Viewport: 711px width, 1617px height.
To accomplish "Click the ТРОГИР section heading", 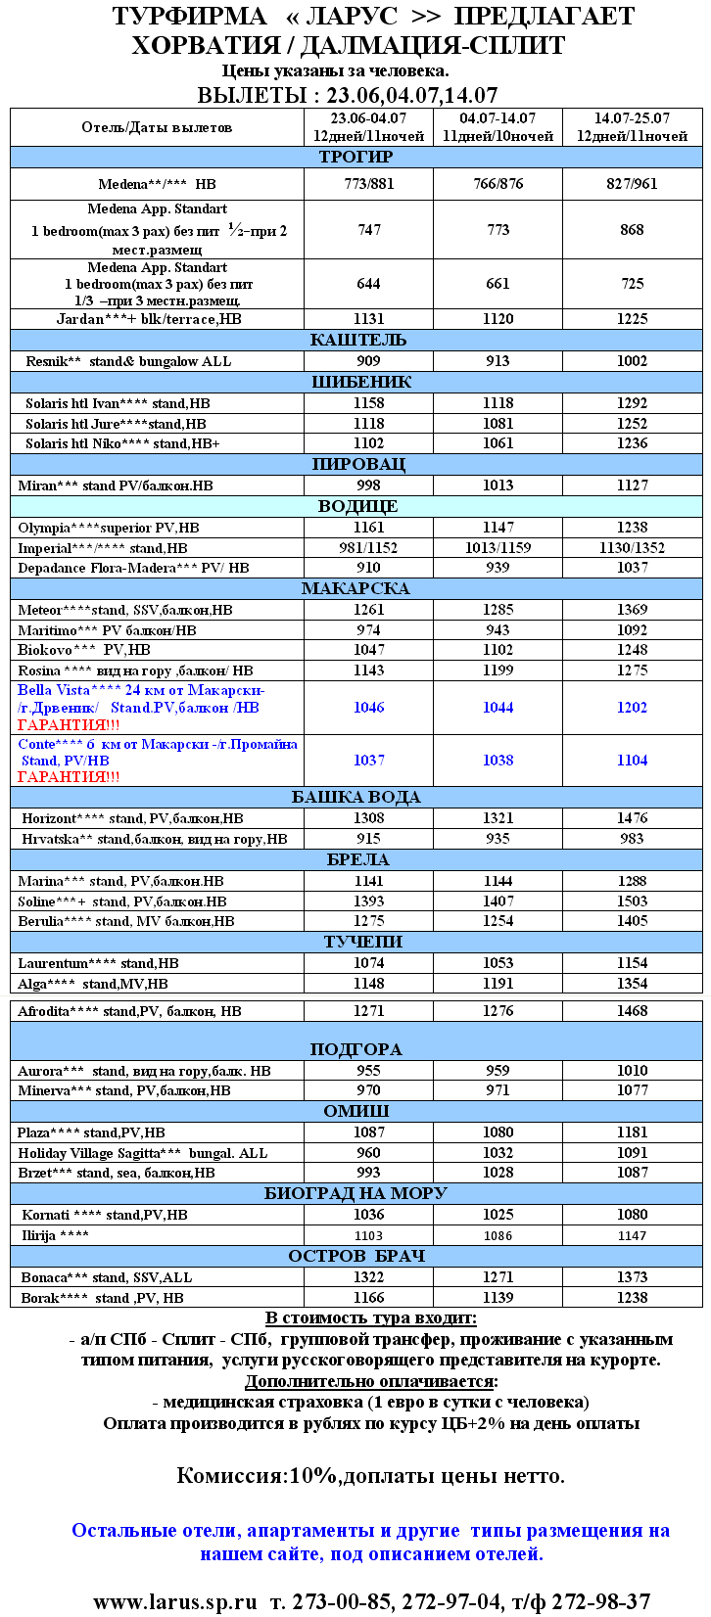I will click(355, 157).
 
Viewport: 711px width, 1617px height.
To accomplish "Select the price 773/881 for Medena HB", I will click(368, 184).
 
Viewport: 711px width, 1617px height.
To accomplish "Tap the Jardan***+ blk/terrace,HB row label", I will click(149, 319).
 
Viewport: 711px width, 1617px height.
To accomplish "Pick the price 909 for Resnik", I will click(368, 361).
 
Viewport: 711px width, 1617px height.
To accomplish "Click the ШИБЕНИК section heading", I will click(355, 382).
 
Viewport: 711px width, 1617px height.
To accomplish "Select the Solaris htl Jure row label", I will click(116, 424).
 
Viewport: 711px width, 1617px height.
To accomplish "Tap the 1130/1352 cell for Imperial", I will click(632, 548).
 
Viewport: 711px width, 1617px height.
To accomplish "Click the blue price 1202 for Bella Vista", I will click(632, 708).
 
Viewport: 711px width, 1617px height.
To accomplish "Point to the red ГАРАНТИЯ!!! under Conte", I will click(69, 777).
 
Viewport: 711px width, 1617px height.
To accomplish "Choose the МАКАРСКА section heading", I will click(355, 588).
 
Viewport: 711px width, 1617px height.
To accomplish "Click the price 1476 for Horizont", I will click(632, 818).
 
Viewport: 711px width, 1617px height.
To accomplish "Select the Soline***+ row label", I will click(121, 901).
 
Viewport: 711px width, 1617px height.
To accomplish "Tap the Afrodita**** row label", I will click(129, 1011).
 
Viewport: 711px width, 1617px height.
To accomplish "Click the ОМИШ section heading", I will click(355, 1111).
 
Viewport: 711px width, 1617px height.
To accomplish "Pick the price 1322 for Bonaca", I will click(368, 1277).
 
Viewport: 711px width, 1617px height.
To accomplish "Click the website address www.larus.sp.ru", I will click(174, 1601).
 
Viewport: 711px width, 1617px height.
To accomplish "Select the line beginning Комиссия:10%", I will click(370, 1476).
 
